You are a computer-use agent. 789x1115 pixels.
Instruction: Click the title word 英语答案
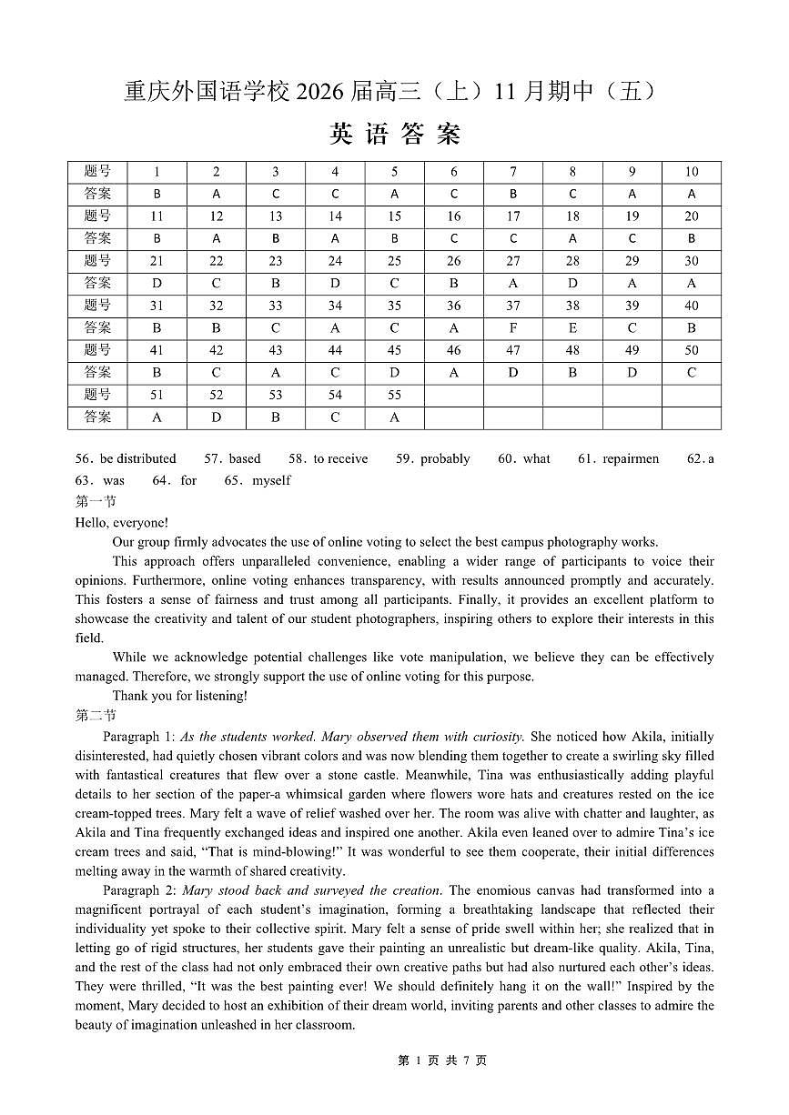[395, 135]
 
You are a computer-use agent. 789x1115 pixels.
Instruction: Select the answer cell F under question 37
[513, 327]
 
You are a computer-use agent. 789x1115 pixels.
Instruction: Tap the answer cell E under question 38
[572, 327]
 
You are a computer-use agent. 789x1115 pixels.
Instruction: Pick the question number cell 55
[394, 395]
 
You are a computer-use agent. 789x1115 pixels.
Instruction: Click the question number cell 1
[157, 172]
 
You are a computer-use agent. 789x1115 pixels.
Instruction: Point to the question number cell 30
[692, 261]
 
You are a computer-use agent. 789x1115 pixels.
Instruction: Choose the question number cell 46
[454, 350]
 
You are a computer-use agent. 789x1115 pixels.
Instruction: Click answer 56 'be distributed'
[138, 458]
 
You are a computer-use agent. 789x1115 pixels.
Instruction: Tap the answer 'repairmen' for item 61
[631, 458]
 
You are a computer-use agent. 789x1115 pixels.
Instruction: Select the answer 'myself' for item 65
[271, 480]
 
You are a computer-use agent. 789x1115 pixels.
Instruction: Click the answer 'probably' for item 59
[445, 458]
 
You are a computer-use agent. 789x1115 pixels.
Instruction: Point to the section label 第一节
[96, 501]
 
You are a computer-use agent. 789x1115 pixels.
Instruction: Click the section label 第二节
[96, 716]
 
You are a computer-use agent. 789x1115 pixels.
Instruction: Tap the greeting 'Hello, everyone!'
[121, 522]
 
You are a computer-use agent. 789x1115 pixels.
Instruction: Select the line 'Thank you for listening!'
[179, 696]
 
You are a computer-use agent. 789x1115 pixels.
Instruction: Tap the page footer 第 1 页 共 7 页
[442, 1060]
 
